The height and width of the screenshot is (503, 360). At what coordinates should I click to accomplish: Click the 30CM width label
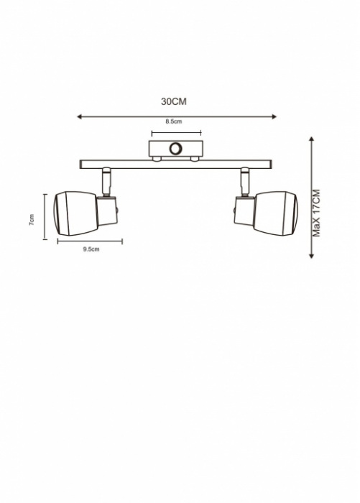click(x=174, y=101)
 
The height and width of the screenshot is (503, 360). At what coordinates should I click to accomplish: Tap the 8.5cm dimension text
click(x=174, y=121)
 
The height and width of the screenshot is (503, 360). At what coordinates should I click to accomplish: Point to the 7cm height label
click(x=32, y=219)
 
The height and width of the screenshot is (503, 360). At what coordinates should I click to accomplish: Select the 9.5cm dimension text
click(x=91, y=249)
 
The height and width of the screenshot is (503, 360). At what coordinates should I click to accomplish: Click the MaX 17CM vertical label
click(x=316, y=213)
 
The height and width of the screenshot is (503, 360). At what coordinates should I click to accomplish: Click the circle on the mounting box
click(x=176, y=149)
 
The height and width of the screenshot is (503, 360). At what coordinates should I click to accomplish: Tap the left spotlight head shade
click(x=75, y=213)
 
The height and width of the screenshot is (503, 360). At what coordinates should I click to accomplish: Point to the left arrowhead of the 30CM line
click(x=79, y=116)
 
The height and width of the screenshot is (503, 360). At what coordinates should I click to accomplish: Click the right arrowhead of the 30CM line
click(x=274, y=116)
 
